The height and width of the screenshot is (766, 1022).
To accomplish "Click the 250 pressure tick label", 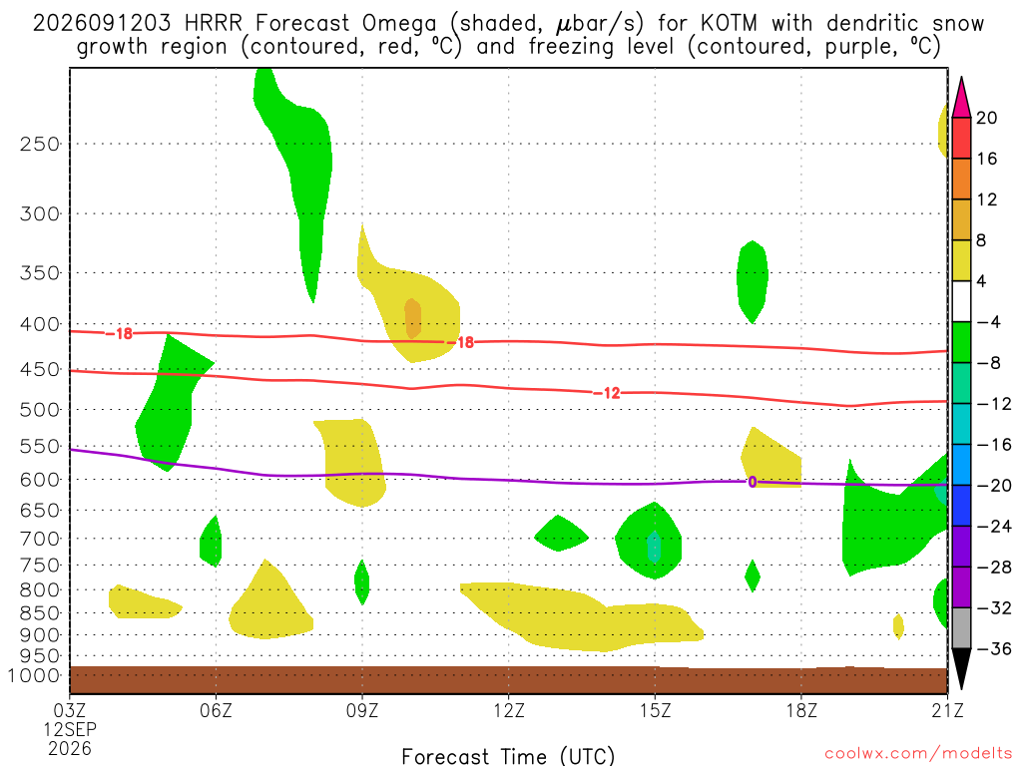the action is pyautogui.click(x=40, y=144).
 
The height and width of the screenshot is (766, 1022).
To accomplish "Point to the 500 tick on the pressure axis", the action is pyautogui.click(x=40, y=410).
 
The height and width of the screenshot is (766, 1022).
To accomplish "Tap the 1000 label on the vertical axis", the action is pyautogui.click(x=34, y=675).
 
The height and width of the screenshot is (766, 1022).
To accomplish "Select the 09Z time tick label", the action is pyautogui.click(x=361, y=710).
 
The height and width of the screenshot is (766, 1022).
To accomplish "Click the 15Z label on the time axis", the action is pyautogui.click(x=655, y=710).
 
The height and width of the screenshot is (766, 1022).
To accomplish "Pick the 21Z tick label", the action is pyautogui.click(x=948, y=710).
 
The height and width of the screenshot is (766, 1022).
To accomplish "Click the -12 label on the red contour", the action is pyautogui.click(x=607, y=393).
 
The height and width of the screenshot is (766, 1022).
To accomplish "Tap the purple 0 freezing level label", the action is pyautogui.click(x=753, y=482).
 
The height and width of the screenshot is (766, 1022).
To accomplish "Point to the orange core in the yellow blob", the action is pyautogui.click(x=412, y=318).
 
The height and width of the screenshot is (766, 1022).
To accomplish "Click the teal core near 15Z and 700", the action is pyautogui.click(x=654, y=547).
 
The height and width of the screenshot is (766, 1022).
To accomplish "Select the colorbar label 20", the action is pyautogui.click(x=986, y=118).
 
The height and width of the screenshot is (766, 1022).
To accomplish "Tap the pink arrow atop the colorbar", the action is pyautogui.click(x=961, y=98).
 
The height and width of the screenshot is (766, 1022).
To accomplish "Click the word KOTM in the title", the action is pyautogui.click(x=729, y=24).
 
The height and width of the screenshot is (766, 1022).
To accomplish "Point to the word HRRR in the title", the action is pyautogui.click(x=214, y=24).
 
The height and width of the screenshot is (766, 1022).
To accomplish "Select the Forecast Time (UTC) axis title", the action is pyautogui.click(x=508, y=756).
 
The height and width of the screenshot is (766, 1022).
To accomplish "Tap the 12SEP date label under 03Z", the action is pyautogui.click(x=70, y=729).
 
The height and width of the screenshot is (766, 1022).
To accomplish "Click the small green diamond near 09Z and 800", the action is pyautogui.click(x=361, y=582).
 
